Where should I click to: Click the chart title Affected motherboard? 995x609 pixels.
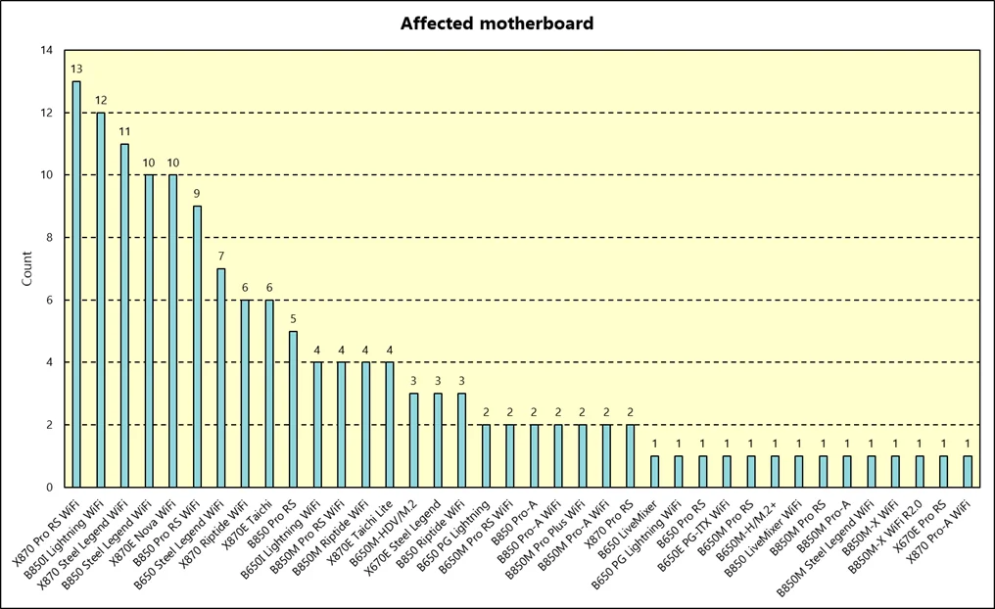[x=497, y=23]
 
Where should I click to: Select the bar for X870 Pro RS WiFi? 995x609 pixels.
[x=76, y=284]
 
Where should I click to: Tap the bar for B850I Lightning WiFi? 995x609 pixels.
[x=100, y=300]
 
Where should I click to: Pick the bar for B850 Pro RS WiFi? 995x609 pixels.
[x=197, y=347]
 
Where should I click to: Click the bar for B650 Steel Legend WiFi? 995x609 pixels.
[x=221, y=378]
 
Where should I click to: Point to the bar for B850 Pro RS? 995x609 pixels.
[x=293, y=409]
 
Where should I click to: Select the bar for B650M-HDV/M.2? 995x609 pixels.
[x=413, y=441]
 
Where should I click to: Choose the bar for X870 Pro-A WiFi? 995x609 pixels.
[x=968, y=472]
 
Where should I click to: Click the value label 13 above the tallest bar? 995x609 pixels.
[x=76, y=70]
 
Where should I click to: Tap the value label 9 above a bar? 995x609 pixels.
[x=197, y=194]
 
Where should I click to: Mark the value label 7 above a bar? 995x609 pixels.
[x=221, y=257]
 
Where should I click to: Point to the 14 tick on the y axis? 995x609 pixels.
[x=47, y=51]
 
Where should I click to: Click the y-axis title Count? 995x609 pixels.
[x=27, y=269]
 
